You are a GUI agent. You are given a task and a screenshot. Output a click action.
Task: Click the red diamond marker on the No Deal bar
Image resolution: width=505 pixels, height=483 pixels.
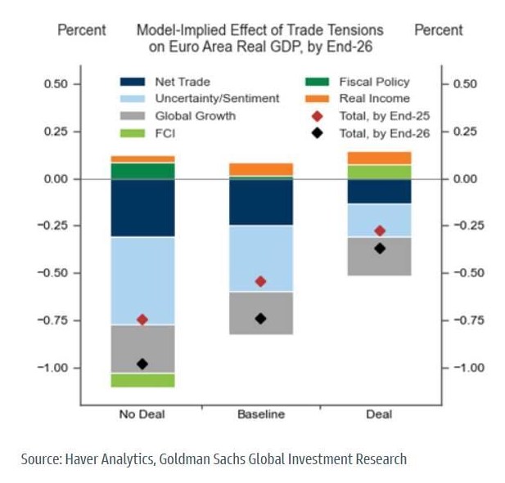(x=142, y=320)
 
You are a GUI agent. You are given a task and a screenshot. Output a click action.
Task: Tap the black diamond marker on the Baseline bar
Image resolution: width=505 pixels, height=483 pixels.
(x=261, y=318)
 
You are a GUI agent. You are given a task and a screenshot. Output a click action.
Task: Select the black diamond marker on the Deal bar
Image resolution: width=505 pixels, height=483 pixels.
(x=380, y=248)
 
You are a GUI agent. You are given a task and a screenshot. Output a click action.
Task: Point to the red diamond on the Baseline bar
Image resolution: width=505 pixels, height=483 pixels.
(x=261, y=281)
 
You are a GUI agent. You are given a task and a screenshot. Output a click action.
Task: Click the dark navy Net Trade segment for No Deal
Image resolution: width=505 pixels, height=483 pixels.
(x=142, y=208)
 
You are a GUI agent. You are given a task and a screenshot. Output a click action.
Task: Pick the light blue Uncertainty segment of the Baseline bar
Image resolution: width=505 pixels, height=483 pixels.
(x=261, y=258)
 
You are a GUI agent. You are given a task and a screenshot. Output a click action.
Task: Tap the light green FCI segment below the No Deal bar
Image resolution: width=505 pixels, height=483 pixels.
(x=142, y=380)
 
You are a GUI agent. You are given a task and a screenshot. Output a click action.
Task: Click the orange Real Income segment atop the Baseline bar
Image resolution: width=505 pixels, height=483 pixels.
(x=261, y=169)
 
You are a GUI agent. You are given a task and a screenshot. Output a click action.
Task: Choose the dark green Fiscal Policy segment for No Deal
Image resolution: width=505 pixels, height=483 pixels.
(x=142, y=171)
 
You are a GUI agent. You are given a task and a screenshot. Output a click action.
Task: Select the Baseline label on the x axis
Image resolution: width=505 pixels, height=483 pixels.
(x=261, y=414)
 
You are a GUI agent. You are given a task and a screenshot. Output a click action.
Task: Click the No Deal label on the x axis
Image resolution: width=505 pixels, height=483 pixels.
(x=142, y=414)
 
